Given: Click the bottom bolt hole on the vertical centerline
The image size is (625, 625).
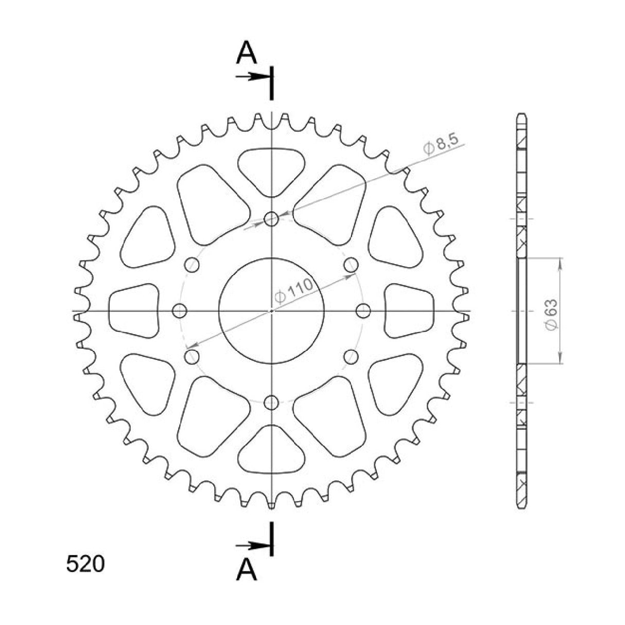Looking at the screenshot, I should (x=271, y=402).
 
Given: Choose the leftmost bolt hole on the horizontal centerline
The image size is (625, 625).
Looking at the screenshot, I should (x=179, y=310).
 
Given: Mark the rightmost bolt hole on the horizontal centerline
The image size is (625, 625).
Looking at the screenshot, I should (x=363, y=310).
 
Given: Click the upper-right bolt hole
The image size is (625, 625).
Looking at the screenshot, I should (x=351, y=265).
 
